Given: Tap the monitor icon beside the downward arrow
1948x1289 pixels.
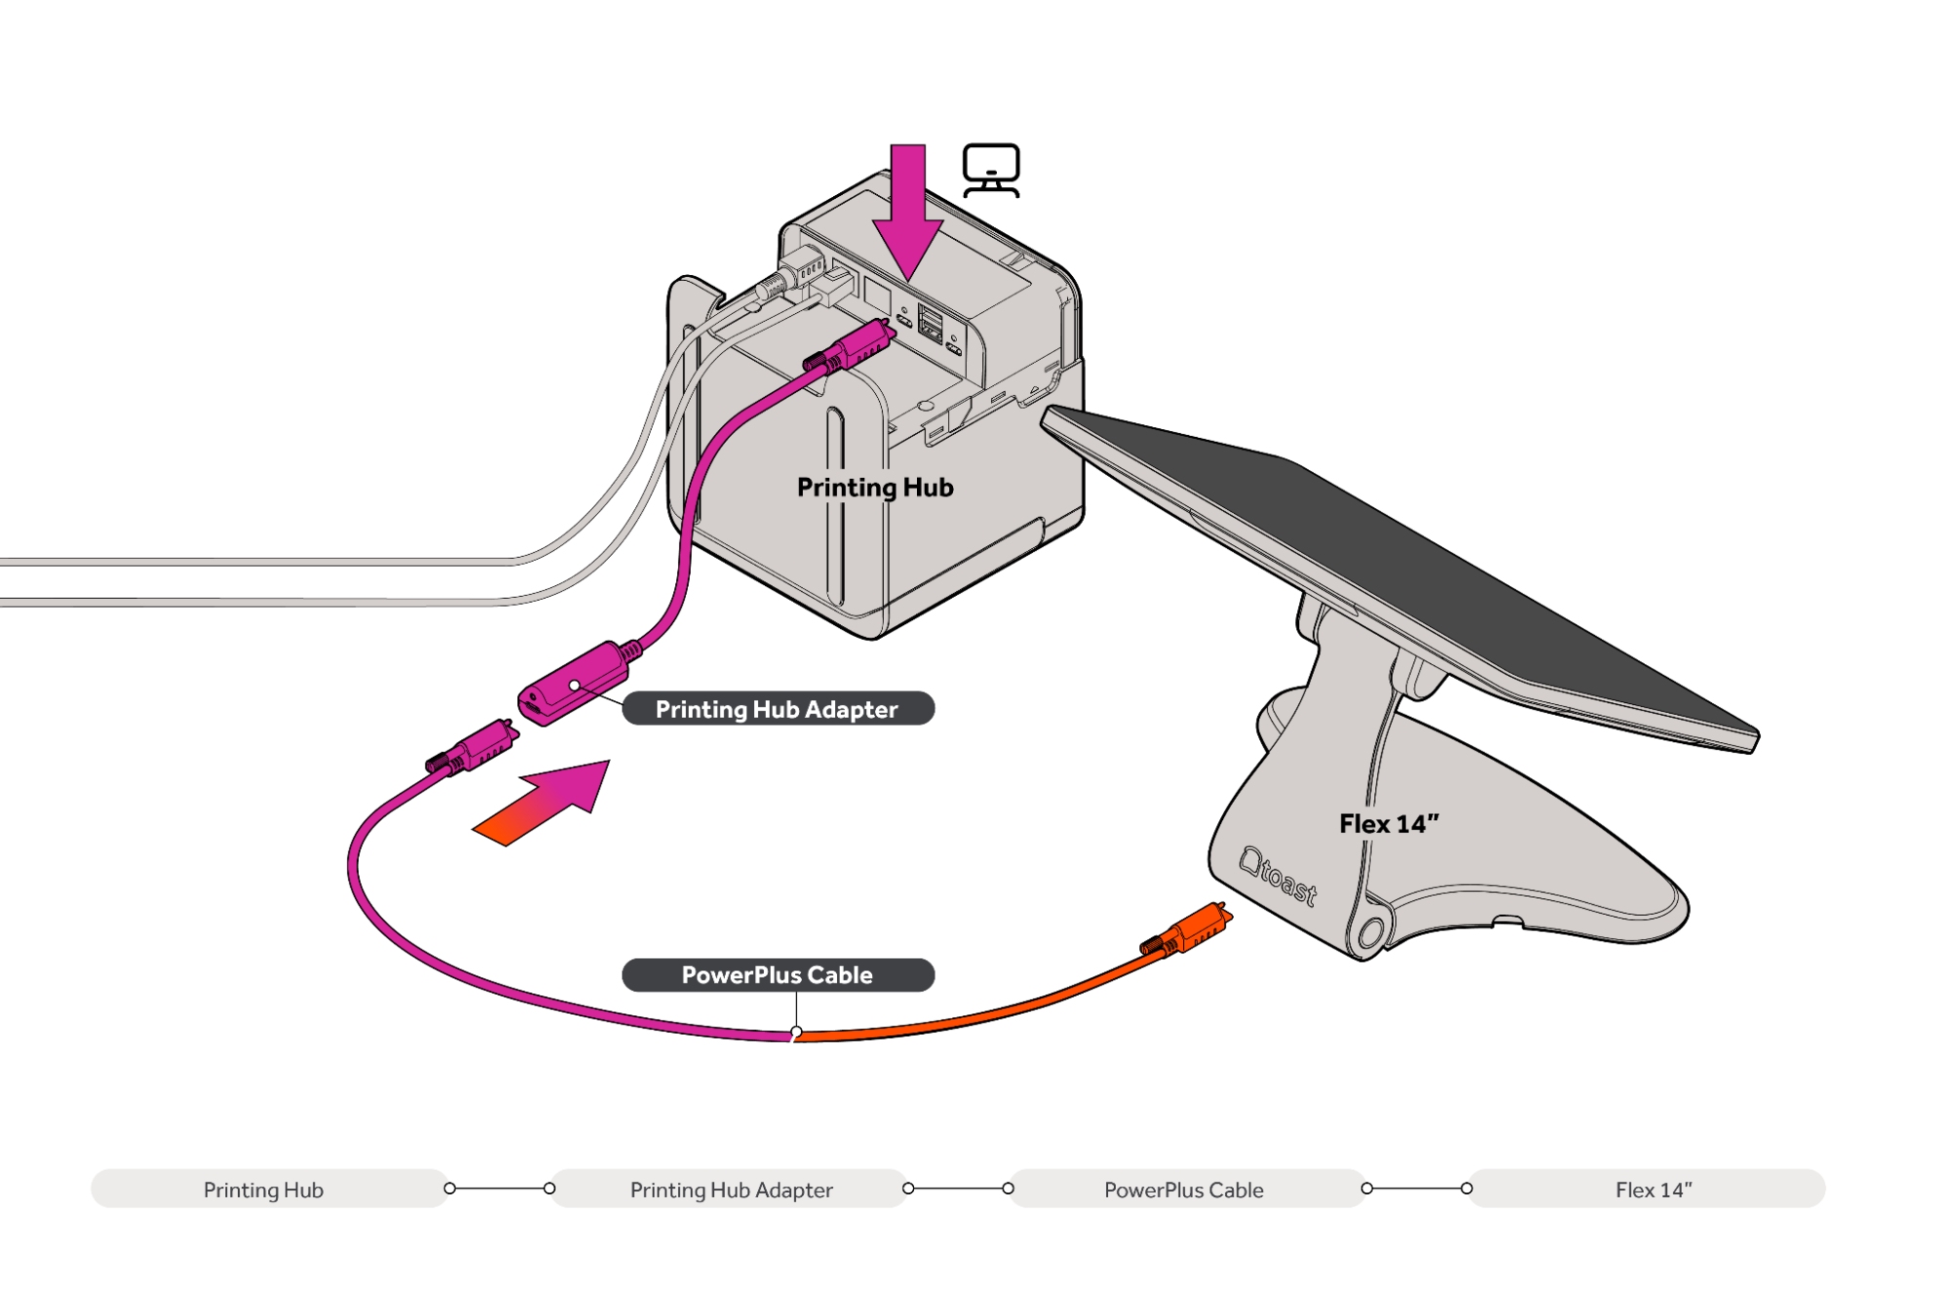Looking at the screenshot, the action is pos(991,171).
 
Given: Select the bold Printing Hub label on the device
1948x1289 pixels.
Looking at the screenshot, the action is pos(875,488).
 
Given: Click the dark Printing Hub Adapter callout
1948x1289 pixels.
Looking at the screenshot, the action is pos(778,709).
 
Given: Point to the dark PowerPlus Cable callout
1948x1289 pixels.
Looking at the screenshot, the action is pos(778,975).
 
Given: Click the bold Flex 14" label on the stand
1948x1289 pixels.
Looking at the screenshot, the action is pos(1389,824).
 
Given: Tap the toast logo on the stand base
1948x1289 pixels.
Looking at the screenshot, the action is pos(1278,876).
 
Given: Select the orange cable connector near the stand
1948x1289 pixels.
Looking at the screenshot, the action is pos(1187,929).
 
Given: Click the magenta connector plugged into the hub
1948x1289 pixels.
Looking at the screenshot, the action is pos(849,348).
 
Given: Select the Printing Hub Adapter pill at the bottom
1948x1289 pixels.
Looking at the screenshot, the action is pos(730,1189).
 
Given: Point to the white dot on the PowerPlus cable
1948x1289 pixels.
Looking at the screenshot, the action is pos(796,1032).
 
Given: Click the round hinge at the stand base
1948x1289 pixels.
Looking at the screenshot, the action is pos(1370,933).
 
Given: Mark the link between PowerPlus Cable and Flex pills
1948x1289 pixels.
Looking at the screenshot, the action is pos(1417,1189).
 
